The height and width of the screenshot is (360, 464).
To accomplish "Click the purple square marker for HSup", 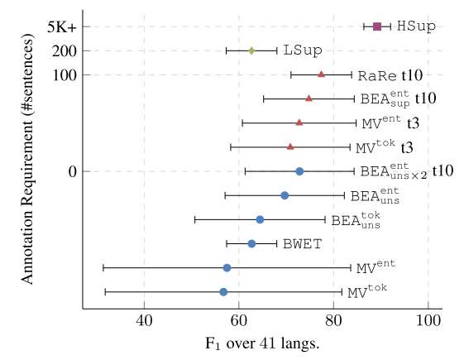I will (x=377, y=26).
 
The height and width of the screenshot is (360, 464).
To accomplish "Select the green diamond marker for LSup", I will (x=251, y=50).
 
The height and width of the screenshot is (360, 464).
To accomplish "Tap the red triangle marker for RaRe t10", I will (x=321, y=74).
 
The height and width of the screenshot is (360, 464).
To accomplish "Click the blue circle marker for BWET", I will (x=251, y=243).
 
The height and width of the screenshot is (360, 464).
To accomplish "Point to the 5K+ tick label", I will (x=61, y=26).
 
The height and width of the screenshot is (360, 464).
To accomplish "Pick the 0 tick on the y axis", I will (x=73, y=171).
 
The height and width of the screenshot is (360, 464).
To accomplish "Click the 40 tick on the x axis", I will (x=144, y=321).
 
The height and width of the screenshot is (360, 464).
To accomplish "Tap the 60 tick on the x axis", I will (x=239, y=321).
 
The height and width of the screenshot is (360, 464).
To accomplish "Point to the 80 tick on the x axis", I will (x=333, y=321).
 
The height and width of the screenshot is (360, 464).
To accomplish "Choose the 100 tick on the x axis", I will (x=428, y=321).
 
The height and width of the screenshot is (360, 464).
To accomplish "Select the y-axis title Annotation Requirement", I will (x=27, y=166).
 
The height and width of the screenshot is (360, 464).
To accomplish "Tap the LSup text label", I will (x=303, y=50).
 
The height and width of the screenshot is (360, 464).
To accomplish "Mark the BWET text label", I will (x=302, y=243).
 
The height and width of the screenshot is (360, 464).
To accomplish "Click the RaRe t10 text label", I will (x=390, y=75).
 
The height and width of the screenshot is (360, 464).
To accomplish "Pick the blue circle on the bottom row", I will (x=223, y=292).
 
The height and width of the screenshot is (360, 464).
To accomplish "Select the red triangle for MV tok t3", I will (x=290, y=146).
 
